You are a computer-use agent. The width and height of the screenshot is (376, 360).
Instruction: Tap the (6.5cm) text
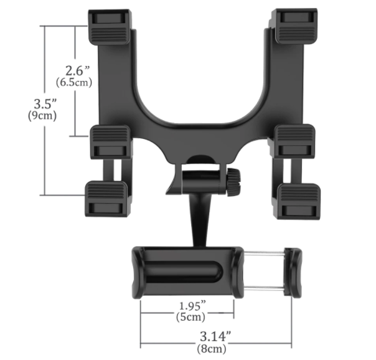click(74, 82)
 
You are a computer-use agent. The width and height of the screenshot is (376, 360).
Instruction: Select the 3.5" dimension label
click(45, 103)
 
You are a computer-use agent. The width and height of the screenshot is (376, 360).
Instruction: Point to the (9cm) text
click(42, 116)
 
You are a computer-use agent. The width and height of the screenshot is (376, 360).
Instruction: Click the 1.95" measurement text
click(192, 306)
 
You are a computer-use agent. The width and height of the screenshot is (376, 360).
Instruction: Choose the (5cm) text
click(190, 317)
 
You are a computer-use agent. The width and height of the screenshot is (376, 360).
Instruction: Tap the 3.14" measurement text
click(215, 336)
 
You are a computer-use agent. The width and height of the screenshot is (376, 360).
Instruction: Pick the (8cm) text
click(212, 349)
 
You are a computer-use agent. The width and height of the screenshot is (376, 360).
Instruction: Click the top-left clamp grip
click(110, 27)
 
